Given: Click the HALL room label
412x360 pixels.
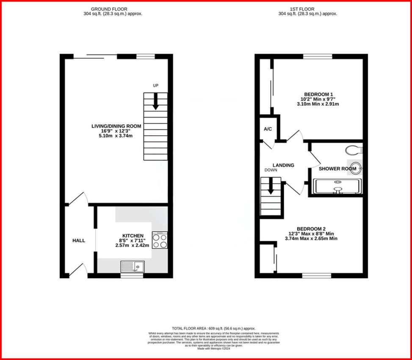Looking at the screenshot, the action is coord(79,241).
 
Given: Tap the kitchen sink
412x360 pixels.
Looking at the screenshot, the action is coord(133,266).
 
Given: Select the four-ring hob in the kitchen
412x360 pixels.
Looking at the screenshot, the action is coord(160,240).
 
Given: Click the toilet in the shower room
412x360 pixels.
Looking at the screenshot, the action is coord(354,150).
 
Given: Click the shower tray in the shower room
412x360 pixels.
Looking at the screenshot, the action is coord(338,186).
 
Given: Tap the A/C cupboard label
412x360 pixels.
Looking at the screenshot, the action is coord(268,129).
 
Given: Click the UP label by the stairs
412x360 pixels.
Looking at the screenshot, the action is coord(155,86).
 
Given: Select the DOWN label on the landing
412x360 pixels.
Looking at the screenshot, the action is coord(271,170).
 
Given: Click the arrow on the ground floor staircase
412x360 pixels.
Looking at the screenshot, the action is coord(155,101).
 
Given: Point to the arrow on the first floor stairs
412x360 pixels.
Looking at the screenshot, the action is coord(271,186).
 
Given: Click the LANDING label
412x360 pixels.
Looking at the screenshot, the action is coord(283,165).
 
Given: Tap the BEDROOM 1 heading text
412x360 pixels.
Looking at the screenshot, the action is coord(318,94).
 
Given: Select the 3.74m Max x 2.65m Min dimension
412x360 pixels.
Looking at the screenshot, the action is coord(311,238).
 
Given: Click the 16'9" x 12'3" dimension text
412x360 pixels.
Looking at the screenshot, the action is coord(116,131).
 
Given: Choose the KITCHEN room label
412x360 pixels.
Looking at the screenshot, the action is coord(133,236).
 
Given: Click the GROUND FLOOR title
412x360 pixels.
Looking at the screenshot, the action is coord(113,9).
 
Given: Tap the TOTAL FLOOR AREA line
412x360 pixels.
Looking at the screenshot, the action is coord(213,328).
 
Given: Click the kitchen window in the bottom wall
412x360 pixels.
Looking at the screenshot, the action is coord(132,275).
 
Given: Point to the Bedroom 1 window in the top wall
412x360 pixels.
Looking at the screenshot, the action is coord(318,56).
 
